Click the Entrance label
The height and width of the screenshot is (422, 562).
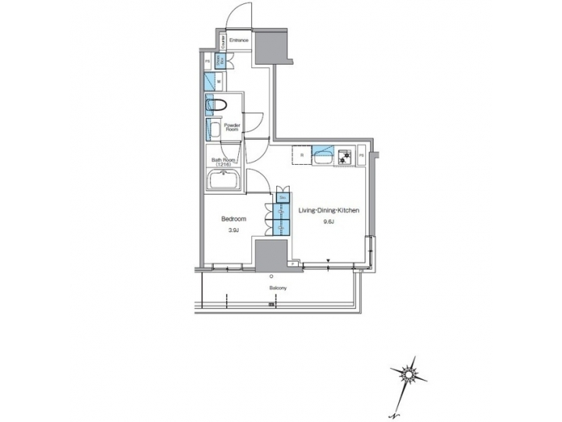tap(240, 40)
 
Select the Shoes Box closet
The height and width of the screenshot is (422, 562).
tap(222, 59)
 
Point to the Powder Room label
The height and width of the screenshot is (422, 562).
tap(232, 127)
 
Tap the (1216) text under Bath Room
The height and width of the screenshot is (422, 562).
tap(224, 165)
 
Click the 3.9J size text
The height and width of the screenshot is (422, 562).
tap(233, 231)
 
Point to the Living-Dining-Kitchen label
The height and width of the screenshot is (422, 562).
tap(329, 210)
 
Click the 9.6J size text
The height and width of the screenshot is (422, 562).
tap(329, 222)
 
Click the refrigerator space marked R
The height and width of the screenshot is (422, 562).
tap(301, 155)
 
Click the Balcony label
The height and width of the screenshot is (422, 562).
tap(277, 288)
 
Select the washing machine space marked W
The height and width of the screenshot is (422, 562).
tap(219, 80)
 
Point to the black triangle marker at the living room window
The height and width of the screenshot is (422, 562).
tap(329, 260)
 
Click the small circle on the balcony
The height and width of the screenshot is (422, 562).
tap(270, 277)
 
